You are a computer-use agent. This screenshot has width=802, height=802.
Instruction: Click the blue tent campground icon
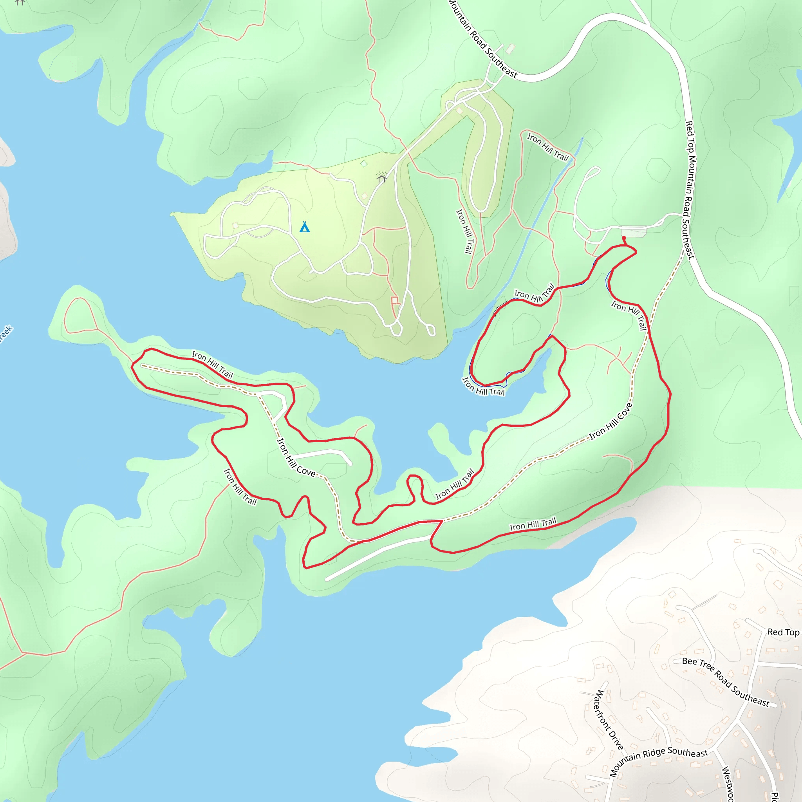(x=305, y=227)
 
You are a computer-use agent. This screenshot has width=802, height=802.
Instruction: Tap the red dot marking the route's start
(x=623, y=238)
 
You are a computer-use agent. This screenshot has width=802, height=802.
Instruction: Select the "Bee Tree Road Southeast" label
(x=726, y=682)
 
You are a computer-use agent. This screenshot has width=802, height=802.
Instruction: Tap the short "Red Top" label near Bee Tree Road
(x=783, y=632)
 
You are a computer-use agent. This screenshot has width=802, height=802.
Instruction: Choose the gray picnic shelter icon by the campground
(x=382, y=179)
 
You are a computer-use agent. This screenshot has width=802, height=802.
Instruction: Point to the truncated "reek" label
(x=6, y=334)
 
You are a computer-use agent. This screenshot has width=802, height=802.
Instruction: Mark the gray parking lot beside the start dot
(x=634, y=231)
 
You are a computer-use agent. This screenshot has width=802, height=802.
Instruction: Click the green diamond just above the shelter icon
(x=364, y=164)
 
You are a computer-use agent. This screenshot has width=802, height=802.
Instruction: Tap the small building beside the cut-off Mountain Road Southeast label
(x=510, y=49)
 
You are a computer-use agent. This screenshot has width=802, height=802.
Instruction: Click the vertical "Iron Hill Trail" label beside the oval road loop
(x=464, y=231)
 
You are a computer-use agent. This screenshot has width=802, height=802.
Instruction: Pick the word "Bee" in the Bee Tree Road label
(x=689, y=661)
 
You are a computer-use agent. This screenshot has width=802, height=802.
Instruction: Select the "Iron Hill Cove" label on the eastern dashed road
(x=611, y=421)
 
